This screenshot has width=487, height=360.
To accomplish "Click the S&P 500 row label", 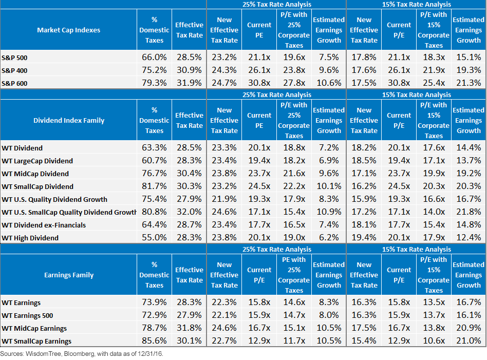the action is click(14, 58).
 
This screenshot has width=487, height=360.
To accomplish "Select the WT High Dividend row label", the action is click(30, 238).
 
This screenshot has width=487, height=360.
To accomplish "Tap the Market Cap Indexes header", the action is click(69, 30).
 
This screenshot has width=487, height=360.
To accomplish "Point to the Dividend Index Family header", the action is click(69, 121).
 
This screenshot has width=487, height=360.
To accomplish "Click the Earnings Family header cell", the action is click(69, 275).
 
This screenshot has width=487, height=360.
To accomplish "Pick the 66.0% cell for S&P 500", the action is click(154, 58).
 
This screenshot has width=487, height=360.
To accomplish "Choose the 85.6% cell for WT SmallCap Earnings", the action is click(154, 341).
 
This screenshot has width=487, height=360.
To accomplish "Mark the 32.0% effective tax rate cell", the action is click(189, 212).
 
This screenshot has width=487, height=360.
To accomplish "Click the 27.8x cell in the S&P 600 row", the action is click(294, 83).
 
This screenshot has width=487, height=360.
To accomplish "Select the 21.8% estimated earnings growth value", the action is click(469, 212).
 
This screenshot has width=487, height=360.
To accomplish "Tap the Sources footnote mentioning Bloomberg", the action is click(82, 353).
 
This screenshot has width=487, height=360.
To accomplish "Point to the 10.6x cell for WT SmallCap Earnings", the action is click(434, 341).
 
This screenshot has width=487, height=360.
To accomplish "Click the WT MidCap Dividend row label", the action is click(35, 174).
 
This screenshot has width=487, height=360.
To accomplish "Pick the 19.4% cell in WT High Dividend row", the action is click(364, 238).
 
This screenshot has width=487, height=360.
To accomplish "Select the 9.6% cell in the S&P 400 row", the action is click(329, 70).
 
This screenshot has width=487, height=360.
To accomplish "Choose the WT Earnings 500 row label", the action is click(27, 316).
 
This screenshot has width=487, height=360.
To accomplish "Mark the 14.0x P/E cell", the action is click(434, 212).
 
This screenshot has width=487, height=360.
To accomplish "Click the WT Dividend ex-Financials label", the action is click(44, 225).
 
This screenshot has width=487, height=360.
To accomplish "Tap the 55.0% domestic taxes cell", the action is click(154, 238).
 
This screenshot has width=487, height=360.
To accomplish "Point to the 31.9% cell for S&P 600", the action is click(189, 83).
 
